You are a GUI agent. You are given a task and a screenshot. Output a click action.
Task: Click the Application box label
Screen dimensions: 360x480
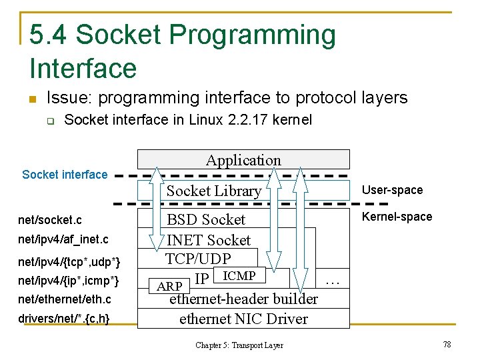pyautogui.click(x=243, y=160)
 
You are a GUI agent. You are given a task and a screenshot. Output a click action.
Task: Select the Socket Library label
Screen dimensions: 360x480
pyautogui.click(x=213, y=191)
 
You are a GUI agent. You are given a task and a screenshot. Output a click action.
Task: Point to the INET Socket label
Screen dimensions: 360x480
pyautogui.click(x=208, y=240)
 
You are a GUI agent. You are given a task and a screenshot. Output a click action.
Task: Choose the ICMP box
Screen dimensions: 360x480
pyautogui.click(x=238, y=275)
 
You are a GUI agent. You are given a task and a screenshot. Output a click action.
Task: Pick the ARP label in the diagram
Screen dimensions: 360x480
pyautogui.click(x=169, y=287)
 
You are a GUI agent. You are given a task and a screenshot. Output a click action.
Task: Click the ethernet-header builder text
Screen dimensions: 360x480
pyautogui.click(x=243, y=299)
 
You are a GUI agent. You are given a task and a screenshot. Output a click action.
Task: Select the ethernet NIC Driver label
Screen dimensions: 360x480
pyautogui.click(x=243, y=319)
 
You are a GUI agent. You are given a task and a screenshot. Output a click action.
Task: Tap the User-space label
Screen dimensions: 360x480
pyautogui.click(x=392, y=190)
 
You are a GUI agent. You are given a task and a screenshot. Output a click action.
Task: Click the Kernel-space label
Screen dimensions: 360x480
pyautogui.click(x=397, y=217)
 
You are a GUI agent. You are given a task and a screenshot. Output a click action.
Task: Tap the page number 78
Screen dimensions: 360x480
pyautogui.click(x=447, y=344)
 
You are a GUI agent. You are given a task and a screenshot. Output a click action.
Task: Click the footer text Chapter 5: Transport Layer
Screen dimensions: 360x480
pyautogui.click(x=239, y=345)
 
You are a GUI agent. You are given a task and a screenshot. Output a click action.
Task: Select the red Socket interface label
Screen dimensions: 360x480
pyautogui.click(x=65, y=175)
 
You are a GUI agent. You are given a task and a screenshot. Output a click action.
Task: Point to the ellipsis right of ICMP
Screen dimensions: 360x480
pyautogui.click(x=332, y=281)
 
